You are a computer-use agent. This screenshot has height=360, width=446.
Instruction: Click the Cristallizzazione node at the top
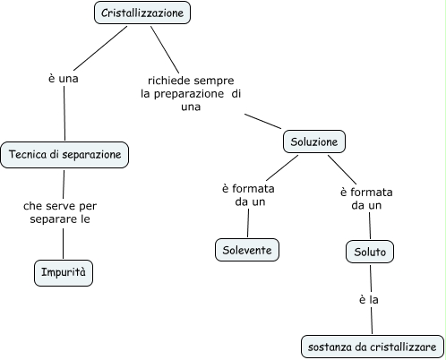[142, 13]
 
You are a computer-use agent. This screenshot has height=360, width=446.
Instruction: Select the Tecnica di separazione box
[64, 155]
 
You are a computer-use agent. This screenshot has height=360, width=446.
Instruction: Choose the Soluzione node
[313, 141]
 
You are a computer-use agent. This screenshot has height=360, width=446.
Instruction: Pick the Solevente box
[247, 250]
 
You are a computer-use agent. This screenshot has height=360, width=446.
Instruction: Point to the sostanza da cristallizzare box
[371, 346]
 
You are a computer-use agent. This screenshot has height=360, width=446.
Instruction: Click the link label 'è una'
[64, 79]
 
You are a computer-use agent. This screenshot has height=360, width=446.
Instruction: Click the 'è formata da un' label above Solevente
[247, 195]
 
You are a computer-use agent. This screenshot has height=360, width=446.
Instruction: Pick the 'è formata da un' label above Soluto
[366, 198]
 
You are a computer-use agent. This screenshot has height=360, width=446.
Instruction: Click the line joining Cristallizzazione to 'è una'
[98, 46]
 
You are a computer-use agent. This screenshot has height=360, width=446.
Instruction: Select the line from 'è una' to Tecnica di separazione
[64, 115]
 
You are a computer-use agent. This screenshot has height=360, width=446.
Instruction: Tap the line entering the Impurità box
[64, 244]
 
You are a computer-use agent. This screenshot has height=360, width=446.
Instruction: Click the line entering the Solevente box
[248, 225]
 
